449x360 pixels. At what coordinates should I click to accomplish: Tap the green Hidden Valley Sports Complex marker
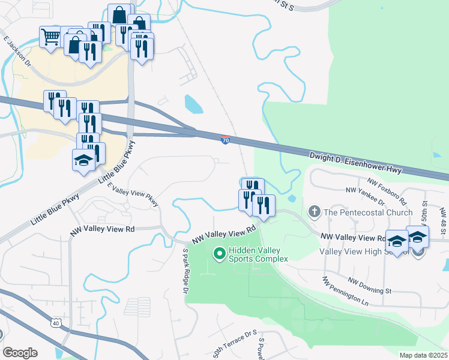click(220, 254)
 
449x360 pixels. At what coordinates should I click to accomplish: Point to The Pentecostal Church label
click(368, 212)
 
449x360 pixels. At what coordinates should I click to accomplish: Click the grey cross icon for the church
click(314, 212)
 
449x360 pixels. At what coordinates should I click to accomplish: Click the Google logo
click(20, 353)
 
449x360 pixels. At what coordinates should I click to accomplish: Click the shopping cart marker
click(50, 36)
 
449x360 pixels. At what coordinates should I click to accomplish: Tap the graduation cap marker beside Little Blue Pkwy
click(83, 160)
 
